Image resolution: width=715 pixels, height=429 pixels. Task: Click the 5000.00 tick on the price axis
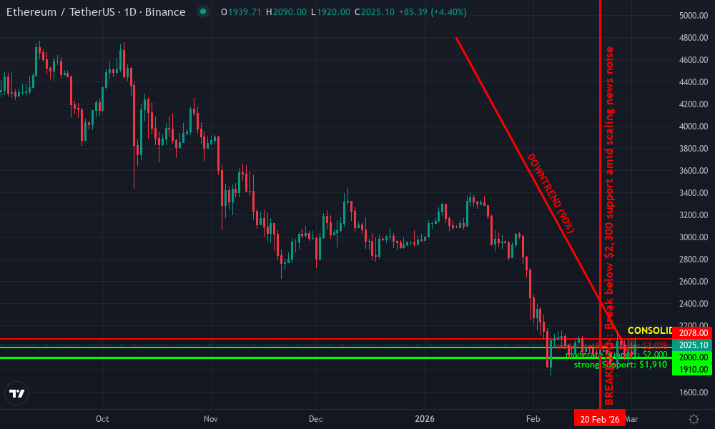pyautogui.click(x=694, y=16)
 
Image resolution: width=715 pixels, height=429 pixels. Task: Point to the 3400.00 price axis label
pyautogui.click(x=694, y=192)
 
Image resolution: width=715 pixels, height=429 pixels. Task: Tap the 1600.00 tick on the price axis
pyautogui.click(x=694, y=392)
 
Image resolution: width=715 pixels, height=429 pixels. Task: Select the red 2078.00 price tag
pyautogui.click(x=693, y=333)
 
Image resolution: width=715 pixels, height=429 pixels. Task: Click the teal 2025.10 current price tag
pyautogui.click(x=693, y=345)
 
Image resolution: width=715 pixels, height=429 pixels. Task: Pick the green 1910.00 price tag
pyautogui.click(x=693, y=369)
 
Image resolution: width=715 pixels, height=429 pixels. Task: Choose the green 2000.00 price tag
pyautogui.click(x=693, y=357)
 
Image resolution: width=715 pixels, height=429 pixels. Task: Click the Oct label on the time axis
pyautogui.click(x=102, y=419)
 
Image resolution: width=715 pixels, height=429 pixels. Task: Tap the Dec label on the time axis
pyautogui.click(x=316, y=419)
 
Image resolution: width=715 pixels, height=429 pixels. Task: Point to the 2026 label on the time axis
pyautogui.click(x=425, y=419)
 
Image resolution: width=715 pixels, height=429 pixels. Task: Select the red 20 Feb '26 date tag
pyautogui.click(x=600, y=420)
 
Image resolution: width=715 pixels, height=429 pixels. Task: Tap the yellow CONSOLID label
pyautogui.click(x=649, y=330)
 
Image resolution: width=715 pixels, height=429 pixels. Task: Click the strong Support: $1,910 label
pyautogui.click(x=620, y=365)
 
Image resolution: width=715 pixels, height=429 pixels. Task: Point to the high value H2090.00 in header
pyautogui.click(x=285, y=12)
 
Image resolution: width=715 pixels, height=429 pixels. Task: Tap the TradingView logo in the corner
pyautogui.click(x=17, y=393)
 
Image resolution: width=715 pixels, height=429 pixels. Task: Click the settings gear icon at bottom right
pyautogui.click(x=693, y=419)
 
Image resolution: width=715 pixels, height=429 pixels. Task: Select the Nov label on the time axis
pyautogui.click(x=209, y=419)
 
